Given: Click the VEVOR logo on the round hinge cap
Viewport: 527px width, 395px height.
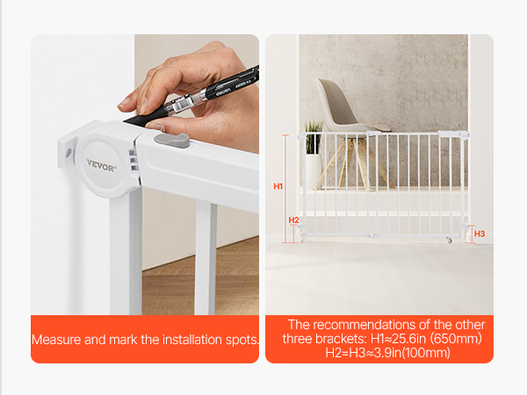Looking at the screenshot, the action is point(101,165).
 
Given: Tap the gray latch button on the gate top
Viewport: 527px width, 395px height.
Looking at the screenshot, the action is point(172,140).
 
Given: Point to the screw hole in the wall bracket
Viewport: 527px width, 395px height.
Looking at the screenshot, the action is point(69,153).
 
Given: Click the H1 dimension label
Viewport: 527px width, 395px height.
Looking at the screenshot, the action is point(278,186).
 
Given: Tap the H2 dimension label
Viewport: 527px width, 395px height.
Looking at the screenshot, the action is point(293,220).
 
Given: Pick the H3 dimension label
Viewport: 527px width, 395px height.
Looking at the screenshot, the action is point(480,233).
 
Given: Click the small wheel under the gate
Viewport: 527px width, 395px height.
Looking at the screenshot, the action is point(449,241).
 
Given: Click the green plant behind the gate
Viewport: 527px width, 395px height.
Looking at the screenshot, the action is point(314,137).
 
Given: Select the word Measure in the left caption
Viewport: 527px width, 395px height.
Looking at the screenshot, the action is point(56,340).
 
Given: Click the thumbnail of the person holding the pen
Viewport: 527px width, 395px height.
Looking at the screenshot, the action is point(145,175).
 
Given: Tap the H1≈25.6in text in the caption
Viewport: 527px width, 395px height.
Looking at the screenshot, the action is point(398,339).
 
